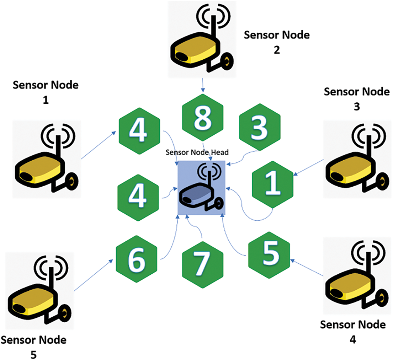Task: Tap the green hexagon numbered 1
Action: pos(273,184)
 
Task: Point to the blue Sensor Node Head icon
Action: pos(201,188)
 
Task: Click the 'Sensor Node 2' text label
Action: pos(277,42)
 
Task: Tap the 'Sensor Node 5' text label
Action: pos(33,346)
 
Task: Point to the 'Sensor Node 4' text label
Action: pos(352,332)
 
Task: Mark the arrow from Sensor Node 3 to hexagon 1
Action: pos(309,167)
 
